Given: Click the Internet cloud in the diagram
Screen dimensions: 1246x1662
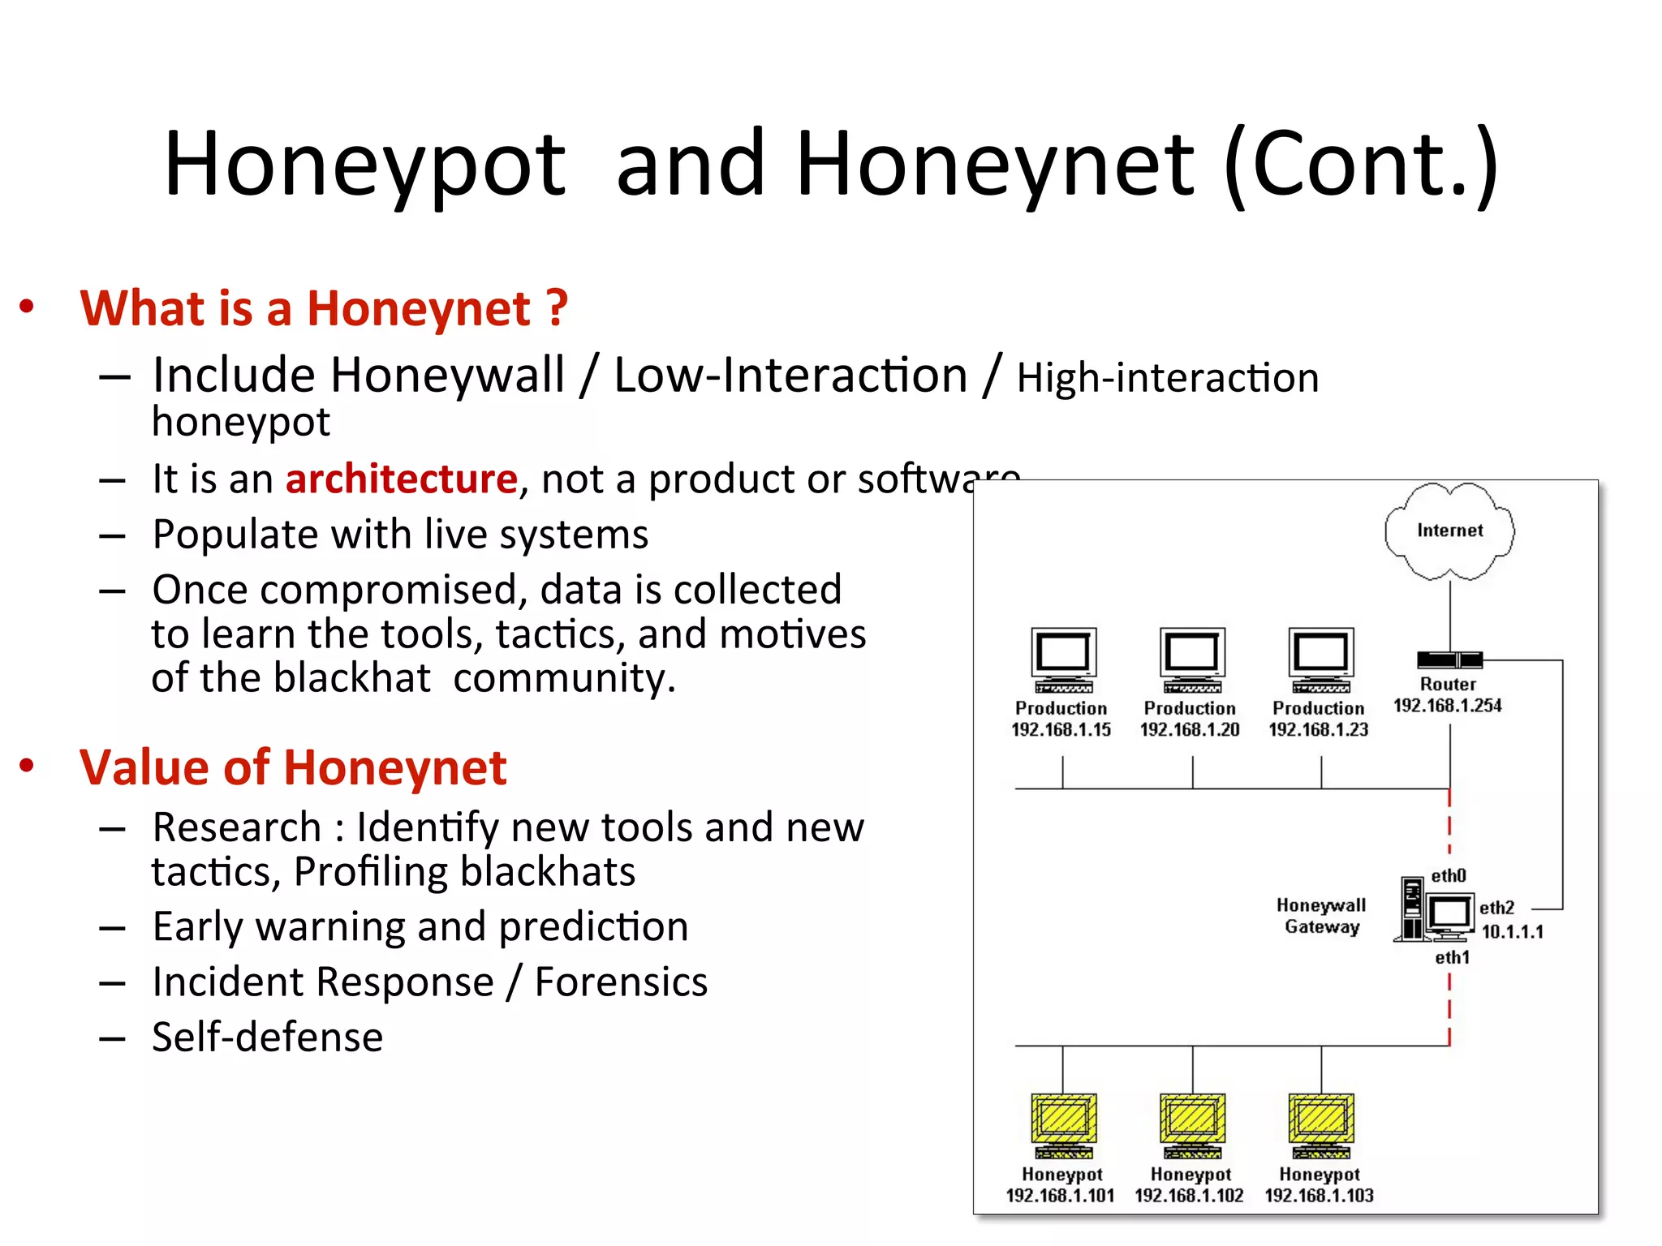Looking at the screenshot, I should click(1449, 531).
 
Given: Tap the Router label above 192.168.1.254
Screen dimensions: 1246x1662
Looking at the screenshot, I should click(1448, 684).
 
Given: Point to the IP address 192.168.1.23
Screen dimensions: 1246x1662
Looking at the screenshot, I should click(1318, 729).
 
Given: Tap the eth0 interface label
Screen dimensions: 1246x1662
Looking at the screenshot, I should click(1448, 876).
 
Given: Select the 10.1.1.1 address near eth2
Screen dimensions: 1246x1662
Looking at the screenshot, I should click(1512, 931).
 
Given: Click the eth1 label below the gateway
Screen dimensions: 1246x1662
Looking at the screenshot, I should click(1452, 958).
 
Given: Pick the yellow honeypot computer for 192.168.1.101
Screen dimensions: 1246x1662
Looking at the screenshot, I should click(1063, 1124).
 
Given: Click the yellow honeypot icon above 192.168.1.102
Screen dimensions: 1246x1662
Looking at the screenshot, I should click(1191, 1124).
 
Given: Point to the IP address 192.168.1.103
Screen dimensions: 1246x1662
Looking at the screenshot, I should click(1319, 1195).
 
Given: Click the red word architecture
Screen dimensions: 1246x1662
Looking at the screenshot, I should click(402, 479).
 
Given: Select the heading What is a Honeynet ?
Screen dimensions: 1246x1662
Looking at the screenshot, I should click(324, 309).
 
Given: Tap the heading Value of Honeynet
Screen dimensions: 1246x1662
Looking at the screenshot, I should click(293, 767).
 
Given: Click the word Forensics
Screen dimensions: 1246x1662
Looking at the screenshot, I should click(621, 982).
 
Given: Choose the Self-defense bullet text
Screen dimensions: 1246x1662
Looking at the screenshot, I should click(267, 1038).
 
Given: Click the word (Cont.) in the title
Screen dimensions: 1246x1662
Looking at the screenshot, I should click(1361, 165).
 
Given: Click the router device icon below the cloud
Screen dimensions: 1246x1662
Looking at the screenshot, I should click(1449, 660).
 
